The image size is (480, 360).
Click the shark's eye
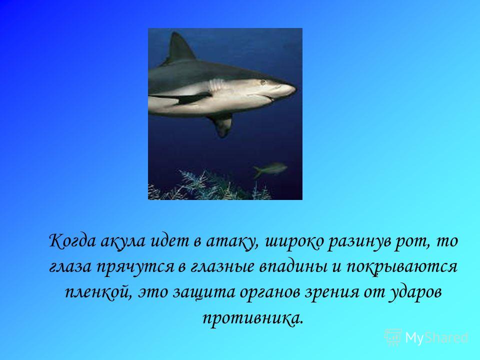tap(262, 82)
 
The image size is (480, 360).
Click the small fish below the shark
tap(269, 169)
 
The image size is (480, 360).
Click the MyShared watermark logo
tap(426, 337)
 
